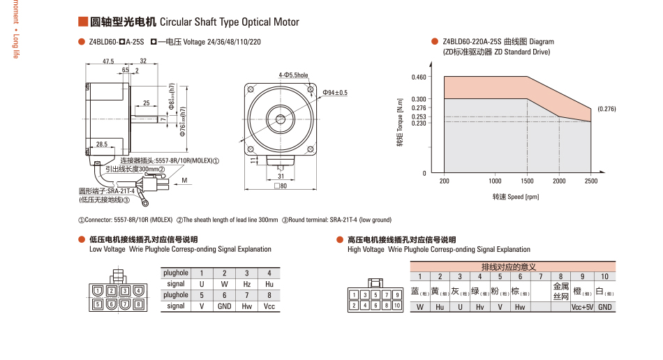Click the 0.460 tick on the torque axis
(419, 76)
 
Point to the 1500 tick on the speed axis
(527, 181)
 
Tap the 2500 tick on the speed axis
(591, 181)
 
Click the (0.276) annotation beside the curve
(606, 109)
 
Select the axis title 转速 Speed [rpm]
(515, 197)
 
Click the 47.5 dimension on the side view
(108, 61)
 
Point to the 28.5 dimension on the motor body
(102, 144)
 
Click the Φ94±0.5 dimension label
(335, 92)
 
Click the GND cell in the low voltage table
(224, 306)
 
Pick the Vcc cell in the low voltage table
(269, 306)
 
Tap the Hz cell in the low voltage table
(247, 284)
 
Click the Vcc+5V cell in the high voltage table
(582, 307)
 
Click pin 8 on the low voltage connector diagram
(139, 303)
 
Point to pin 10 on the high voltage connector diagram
(396, 305)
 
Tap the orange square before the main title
(82, 22)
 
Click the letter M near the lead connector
(184, 180)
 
